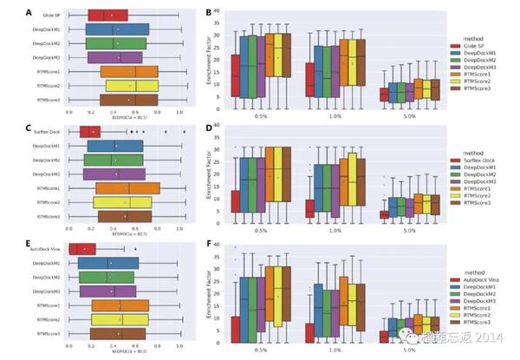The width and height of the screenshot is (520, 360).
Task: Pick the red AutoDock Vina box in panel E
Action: coord(81,249)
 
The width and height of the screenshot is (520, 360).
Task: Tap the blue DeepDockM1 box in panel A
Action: coord(117,29)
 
